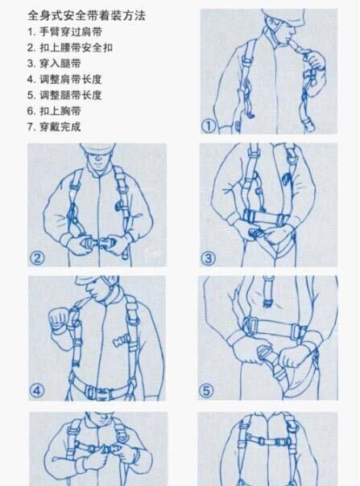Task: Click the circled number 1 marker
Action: [x=209, y=126]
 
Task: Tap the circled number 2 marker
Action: [x=37, y=257]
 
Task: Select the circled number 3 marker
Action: [x=209, y=258]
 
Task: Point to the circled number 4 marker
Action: [x=37, y=391]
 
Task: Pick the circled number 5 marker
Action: [x=209, y=392]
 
